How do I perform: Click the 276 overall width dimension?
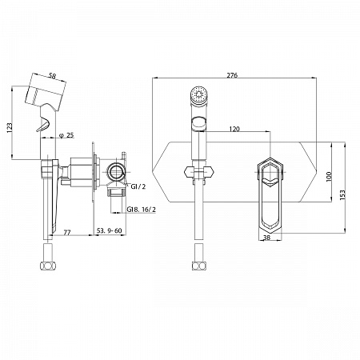[232, 75]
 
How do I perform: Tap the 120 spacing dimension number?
[234, 129]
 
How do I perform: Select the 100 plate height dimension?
[329, 177]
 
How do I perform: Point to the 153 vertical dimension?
[342, 194]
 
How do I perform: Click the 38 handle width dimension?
[266, 238]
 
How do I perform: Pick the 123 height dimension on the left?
[10, 128]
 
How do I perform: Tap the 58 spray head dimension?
[52, 76]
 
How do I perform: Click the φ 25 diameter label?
[66, 135]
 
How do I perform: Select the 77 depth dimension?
[67, 232]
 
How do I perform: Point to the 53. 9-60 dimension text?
[109, 231]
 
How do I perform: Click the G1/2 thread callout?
[138, 186]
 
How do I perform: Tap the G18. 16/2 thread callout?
[141, 210]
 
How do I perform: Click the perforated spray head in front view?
[198, 94]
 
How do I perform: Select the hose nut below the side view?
[48, 266]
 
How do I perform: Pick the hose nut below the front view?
[199, 266]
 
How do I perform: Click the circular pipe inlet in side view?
[116, 172]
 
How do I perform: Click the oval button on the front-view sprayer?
[199, 123]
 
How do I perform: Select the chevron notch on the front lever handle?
[270, 182]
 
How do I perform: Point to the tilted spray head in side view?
[46, 92]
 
